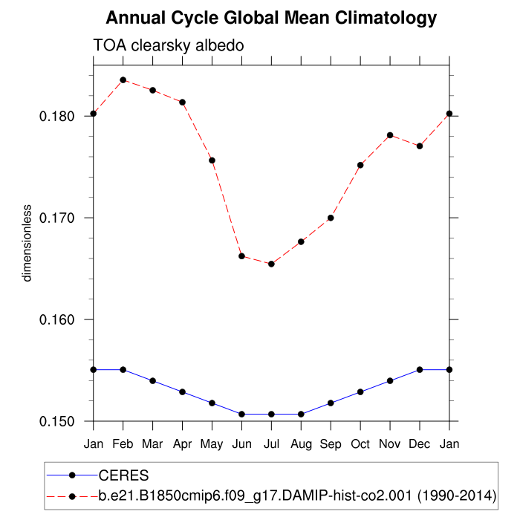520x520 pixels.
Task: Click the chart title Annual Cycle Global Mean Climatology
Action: [x=271, y=17]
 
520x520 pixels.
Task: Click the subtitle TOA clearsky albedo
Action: [x=169, y=46]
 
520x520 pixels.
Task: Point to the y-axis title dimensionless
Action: [x=27, y=242]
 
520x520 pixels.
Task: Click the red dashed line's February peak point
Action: [x=123, y=79]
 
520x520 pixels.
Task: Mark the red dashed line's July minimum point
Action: [x=271, y=264]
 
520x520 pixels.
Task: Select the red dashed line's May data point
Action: [x=212, y=160]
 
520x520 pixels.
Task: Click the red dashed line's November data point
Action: [x=390, y=135]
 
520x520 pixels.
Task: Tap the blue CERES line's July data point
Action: [x=271, y=414]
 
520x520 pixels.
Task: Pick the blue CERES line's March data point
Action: [x=152, y=380]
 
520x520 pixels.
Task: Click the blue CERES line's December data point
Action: [x=420, y=369]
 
